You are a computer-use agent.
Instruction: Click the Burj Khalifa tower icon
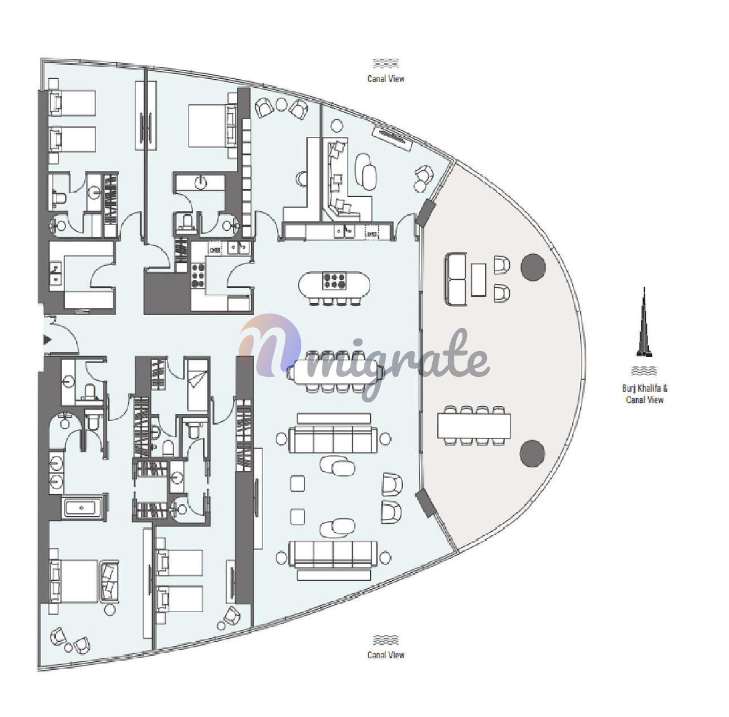point(644,323)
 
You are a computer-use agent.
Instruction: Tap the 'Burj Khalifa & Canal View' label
point(645,393)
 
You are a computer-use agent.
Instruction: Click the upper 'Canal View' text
point(386,79)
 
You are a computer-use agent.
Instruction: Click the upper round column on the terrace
point(533,267)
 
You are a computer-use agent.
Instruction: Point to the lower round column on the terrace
point(533,453)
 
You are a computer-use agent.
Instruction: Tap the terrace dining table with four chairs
point(474,425)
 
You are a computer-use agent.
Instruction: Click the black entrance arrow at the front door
point(47,340)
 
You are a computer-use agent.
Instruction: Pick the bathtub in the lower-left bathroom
point(84,508)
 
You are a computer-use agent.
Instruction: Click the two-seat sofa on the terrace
point(456,279)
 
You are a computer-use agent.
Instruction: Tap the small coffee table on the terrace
point(478,279)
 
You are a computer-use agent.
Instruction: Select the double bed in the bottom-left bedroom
point(79,581)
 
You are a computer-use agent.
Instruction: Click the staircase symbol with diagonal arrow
point(198,385)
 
